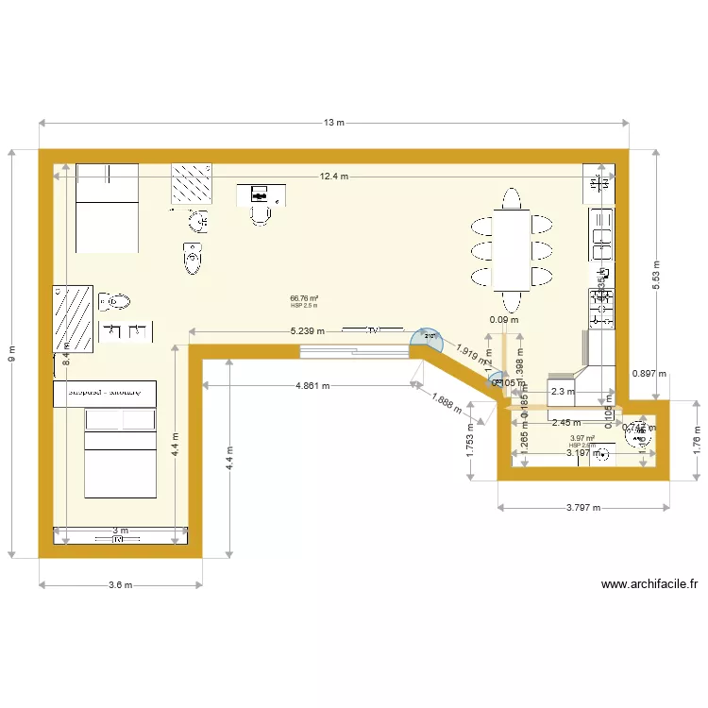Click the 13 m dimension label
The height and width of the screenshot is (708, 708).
(x=334, y=123)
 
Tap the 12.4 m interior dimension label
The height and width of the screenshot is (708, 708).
(x=333, y=177)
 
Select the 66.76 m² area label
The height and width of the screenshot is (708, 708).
(x=304, y=299)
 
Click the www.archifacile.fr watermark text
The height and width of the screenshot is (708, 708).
(x=641, y=584)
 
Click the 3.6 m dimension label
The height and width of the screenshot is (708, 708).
(x=120, y=585)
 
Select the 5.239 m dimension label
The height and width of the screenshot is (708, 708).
(x=308, y=331)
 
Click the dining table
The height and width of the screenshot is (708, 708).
(x=511, y=250)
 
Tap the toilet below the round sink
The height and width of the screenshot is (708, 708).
(x=193, y=258)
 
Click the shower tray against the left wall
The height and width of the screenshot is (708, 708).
(x=73, y=319)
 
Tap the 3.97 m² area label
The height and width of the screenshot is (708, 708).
(x=582, y=438)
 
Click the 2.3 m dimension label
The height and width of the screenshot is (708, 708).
(x=563, y=392)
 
